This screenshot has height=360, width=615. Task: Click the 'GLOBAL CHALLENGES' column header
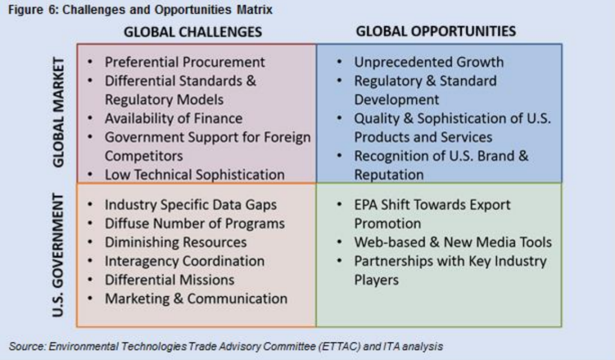193,32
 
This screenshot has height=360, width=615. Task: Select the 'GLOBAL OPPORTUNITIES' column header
436,31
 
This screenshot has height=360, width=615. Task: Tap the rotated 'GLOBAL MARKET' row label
58,112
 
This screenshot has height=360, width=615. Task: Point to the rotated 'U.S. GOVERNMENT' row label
58,255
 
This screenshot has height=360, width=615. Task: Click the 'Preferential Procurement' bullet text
185,62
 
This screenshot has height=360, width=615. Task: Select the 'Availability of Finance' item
174,118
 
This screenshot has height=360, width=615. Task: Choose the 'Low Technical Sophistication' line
195,175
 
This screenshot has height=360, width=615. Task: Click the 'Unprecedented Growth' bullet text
429,62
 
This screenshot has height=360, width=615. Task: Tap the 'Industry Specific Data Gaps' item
190,204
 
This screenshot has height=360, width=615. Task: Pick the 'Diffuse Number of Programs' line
195,224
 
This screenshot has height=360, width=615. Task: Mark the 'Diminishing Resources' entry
176,242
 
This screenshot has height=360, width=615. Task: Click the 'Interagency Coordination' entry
184,261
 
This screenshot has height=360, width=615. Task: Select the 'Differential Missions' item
169,280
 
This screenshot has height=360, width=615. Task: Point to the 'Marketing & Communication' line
196,299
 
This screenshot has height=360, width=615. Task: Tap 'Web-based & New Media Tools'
453,242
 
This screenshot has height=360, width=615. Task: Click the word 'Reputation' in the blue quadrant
389,175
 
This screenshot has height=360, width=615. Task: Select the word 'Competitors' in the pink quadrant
144,156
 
